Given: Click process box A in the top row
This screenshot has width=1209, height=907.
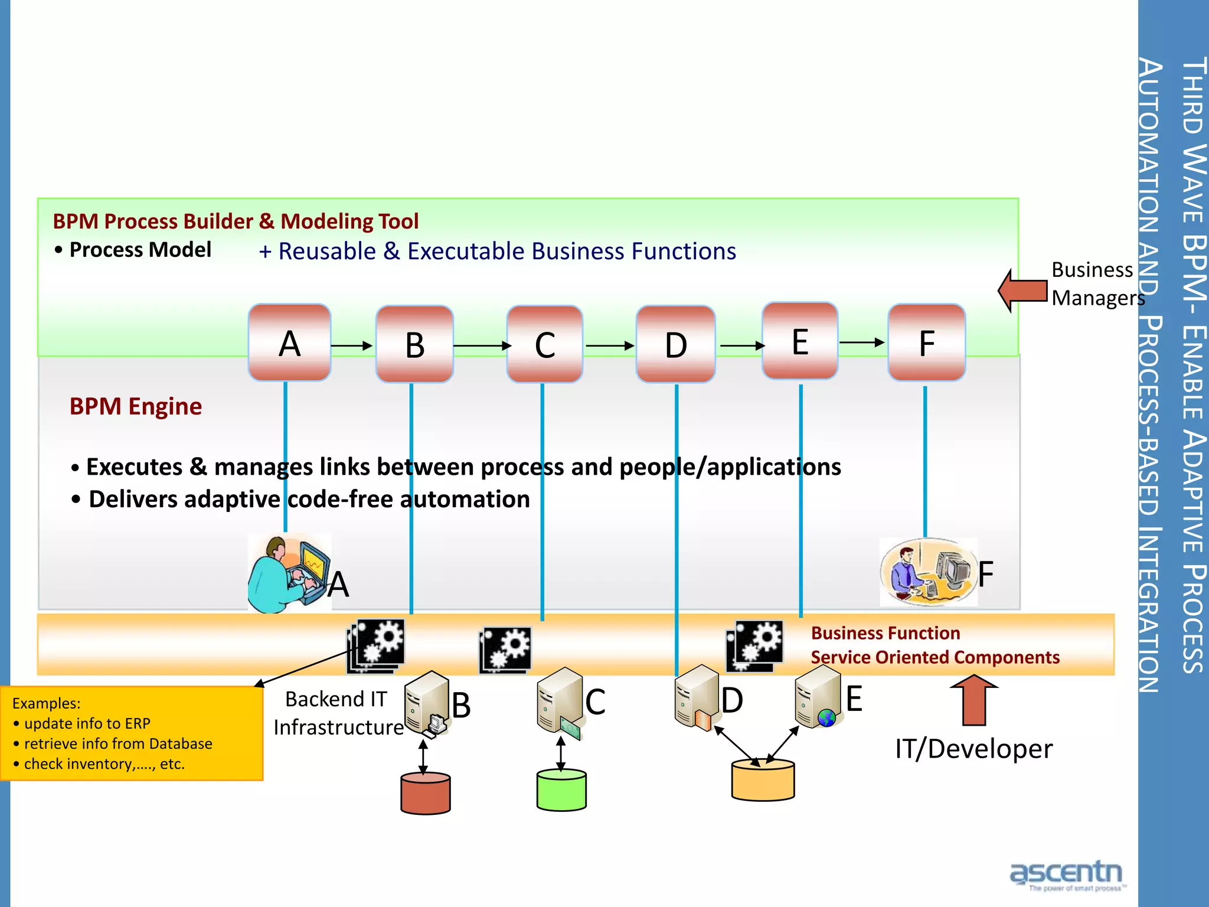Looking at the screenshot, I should pyautogui.click(x=289, y=343).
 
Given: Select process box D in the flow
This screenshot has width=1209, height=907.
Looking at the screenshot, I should pyautogui.click(x=676, y=344).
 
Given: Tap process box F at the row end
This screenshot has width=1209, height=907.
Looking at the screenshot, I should pyautogui.click(x=927, y=343).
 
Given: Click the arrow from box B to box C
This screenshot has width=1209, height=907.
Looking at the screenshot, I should pyautogui.click(x=481, y=345).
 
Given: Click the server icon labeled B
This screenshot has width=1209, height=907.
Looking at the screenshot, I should pyautogui.click(x=426, y=703).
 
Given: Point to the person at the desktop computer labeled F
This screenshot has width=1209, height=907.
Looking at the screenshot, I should pyautogui.click(x=927, y=572).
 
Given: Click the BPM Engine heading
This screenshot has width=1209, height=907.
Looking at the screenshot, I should pyautogui.click(x=136, y=407).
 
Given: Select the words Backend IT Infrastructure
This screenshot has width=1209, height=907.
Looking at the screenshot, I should pyautogui.click(x=338, y=713).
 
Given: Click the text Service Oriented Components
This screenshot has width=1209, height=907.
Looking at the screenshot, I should pyautogui.click(x=934, y=657).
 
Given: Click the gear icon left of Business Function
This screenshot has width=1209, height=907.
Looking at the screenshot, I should pyautogui.click(x=755, y=645).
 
